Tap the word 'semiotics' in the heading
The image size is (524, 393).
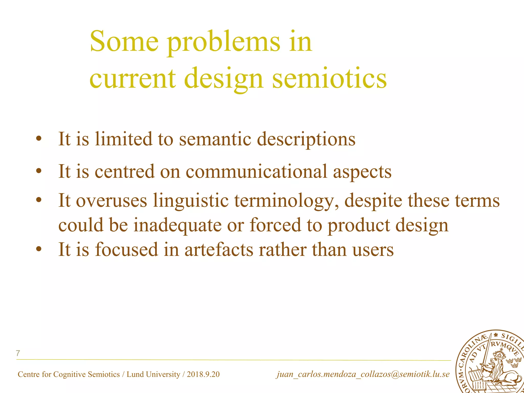pos(330,78)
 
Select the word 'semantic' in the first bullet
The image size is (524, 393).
pos(215,139)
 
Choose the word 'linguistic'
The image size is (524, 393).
pos(191,200)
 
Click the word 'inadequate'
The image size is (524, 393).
pos(177,225)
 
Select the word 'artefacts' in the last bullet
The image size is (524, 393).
pos(219,249)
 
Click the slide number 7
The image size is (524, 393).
pos(18,353)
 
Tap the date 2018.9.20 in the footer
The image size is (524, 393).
pos(203,374)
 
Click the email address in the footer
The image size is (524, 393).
pos(363,374)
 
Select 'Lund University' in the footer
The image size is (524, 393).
pos(154,374)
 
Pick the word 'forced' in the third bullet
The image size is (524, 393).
pos(275,225)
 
